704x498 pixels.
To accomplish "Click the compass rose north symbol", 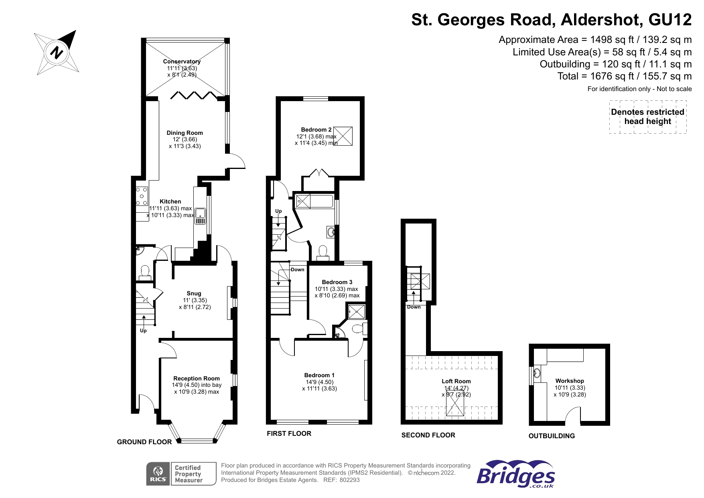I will (x=57, y=53).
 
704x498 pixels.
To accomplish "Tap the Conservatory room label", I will (x=182, y=61).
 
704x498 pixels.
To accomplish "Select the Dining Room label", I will (x=185, y=133).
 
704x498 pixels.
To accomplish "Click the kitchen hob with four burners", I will (x=142, y=196).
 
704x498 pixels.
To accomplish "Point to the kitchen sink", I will (x=200, y=217).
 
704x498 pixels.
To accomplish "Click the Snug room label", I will (x=194, y=293).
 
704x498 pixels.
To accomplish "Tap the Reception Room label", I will (x=197, y=378).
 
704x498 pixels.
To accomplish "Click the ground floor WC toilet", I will (x=145, y=272).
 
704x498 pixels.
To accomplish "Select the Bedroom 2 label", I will (x=316, y=130).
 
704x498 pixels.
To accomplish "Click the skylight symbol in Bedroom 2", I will (x=343, y=136).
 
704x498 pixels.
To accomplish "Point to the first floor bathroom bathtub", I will (x=314, y=201).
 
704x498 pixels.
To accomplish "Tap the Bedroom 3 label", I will (x=337, y=282).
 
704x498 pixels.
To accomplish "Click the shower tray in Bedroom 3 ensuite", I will (x=356, y=311).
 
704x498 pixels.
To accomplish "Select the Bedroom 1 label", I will (x=319, y=375).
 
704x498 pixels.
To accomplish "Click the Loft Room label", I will (x=456, y=381).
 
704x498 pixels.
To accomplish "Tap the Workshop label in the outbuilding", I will (x=570, y=381).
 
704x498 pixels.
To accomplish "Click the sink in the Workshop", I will (x=537, y=374).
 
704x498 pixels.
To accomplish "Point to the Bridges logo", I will (x=516, y=474).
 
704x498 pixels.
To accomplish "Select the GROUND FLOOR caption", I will (x=144, y=442).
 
